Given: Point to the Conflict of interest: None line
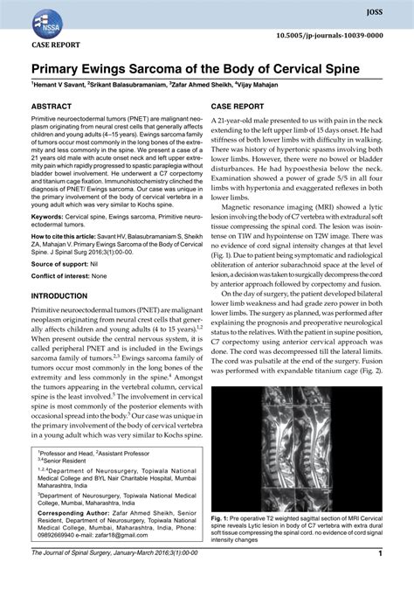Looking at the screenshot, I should pos(69,277).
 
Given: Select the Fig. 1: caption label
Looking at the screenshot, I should pos(224,517).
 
